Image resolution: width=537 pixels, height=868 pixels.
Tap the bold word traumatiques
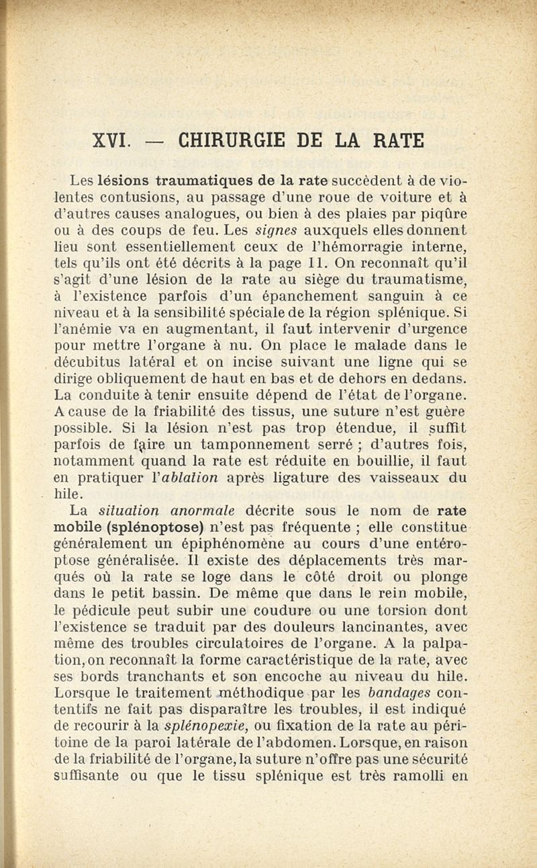pos(197,180)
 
